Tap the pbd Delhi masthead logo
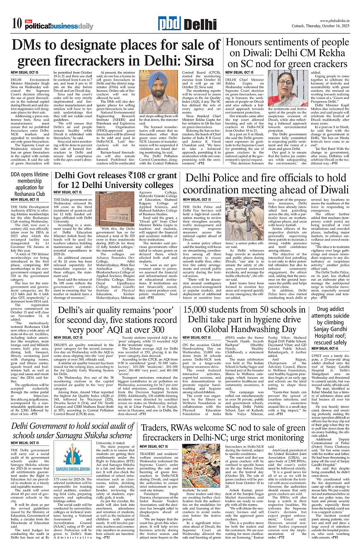click(180, 24)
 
